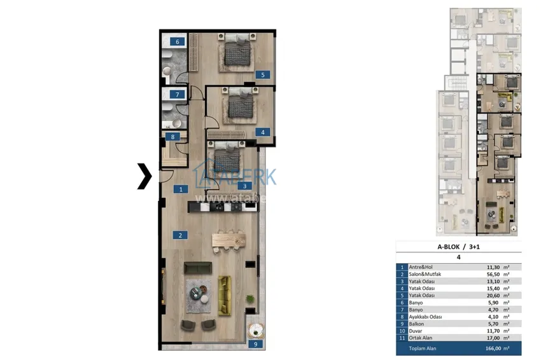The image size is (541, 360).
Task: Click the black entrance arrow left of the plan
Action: click(145, 176)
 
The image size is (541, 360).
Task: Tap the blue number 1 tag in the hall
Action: click(181, 189)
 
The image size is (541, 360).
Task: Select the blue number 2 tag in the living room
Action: click(181, 235)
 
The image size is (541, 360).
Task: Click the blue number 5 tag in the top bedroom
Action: click(260, 74)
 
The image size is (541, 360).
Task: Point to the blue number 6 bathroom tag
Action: click(178, 42)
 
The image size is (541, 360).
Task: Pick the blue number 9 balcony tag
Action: click(255, 344)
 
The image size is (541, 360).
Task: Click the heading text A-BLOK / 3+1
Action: click(458, 247)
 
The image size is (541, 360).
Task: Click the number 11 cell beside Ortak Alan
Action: click(402, 337)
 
